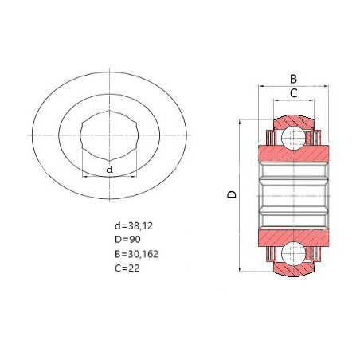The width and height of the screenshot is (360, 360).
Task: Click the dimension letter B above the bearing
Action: (293, 79)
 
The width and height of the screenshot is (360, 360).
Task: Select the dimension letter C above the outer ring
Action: (293, 93)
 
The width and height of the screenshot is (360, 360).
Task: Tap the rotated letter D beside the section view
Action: (232, 194)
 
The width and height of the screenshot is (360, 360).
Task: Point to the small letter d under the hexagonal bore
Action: (110, 169)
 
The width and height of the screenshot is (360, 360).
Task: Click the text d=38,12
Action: (134, 226)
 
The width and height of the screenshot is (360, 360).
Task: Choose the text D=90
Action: (127, 240)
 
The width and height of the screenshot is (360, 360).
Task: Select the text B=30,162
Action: (136, 254)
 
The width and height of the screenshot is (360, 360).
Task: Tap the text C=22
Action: (127, 268)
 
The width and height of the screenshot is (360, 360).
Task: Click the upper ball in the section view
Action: (293, 138)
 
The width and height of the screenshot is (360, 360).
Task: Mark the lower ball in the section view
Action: (293, 254)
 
